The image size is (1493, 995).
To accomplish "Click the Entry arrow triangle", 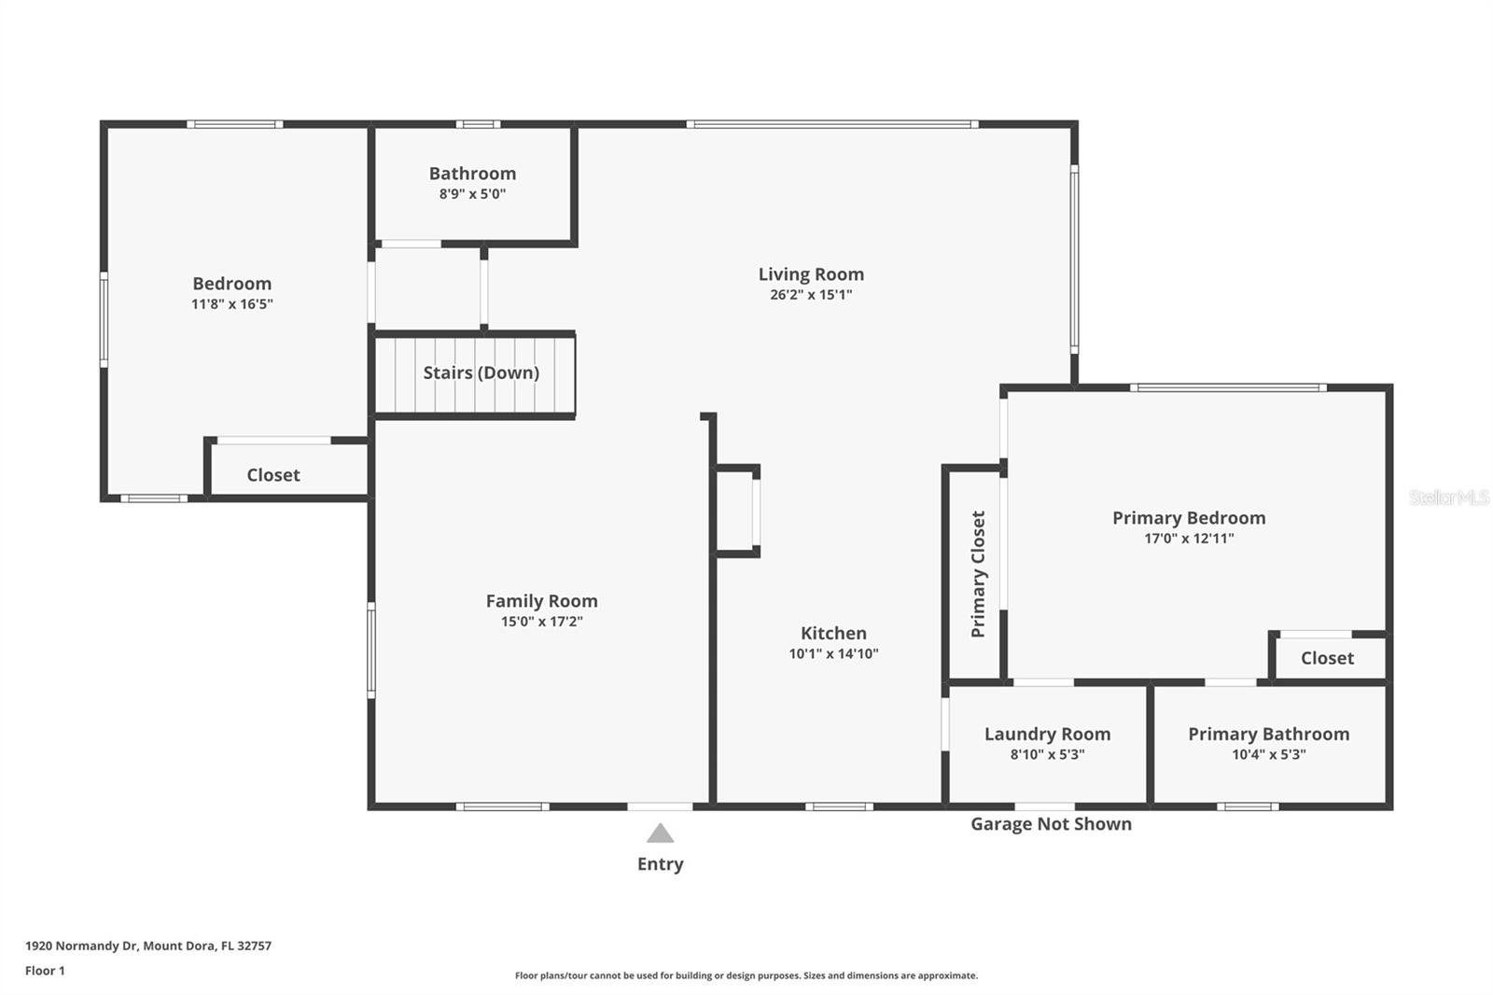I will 660,834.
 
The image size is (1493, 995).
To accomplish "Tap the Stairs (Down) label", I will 481,372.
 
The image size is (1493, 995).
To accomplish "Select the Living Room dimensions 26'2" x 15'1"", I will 811,295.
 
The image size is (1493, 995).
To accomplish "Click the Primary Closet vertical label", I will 978,574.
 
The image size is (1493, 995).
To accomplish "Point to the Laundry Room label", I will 1047,734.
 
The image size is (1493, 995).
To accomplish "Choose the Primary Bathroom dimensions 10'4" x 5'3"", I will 1268,754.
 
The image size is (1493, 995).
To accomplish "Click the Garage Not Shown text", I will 1051,824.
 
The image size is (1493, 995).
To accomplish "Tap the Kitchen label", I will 833,633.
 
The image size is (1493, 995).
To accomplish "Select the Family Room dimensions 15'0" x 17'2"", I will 541,622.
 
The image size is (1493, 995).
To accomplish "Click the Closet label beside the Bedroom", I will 273,475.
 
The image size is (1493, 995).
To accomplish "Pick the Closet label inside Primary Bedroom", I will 1327,658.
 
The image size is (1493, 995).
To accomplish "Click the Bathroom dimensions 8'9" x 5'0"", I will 472,194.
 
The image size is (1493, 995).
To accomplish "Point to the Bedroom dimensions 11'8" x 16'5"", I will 231,304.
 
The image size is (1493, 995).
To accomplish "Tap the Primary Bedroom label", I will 1189,518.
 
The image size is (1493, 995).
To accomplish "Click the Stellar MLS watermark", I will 1448,497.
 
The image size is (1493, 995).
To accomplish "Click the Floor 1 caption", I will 45,971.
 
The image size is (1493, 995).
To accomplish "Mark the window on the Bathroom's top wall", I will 478,124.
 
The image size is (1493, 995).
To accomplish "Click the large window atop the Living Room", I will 832,124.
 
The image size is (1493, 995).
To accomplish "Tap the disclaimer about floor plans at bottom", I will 746,975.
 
